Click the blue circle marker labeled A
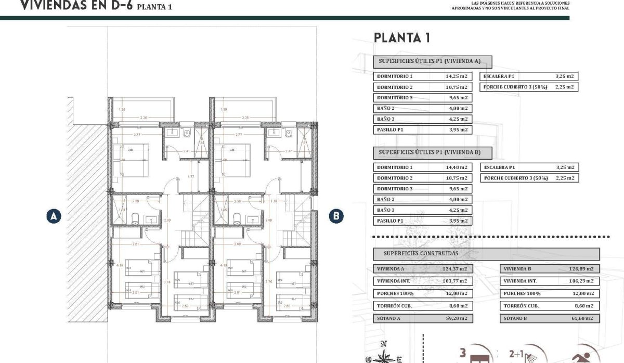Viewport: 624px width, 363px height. pos(54,216)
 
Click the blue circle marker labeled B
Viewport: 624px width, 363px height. pos(336,216)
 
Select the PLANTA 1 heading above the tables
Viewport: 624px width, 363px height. pos(401,37)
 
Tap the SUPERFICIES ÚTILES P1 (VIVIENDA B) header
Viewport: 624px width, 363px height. pos(433,153)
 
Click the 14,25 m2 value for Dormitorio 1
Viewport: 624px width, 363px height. pos(456,76)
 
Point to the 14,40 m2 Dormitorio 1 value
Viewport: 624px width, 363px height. pos(456,167)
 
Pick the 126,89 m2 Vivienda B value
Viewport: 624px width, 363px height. pos(581,269)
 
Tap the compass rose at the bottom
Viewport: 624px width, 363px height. pos(384,356)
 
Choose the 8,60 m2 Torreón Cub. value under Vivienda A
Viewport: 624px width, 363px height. pos(458,306)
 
